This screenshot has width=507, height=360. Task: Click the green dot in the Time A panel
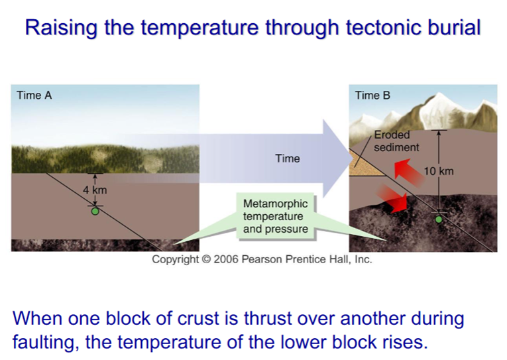pos(95,211)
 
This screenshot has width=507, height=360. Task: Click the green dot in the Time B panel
pos(439,219)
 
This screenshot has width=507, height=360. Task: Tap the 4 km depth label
pos(95,190)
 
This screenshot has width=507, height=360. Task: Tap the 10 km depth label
pos(439,171)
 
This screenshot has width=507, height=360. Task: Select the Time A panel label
pos(34,95)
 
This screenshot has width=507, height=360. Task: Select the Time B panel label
pos(372,95)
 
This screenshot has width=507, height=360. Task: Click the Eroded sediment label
pos(396,141)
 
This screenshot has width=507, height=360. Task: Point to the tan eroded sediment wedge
pos(364,164)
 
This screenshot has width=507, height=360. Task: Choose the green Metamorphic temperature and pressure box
pos(275,216)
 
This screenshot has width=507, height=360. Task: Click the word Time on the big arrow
pos(288,158)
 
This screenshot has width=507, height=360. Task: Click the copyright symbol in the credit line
pos(206,259)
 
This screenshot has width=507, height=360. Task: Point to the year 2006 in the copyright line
pos(226,259)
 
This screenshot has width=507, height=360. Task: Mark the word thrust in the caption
pos(268,318)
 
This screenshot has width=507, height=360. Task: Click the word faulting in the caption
pos(46,343)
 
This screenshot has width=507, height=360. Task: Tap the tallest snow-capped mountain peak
pos(439,94)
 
